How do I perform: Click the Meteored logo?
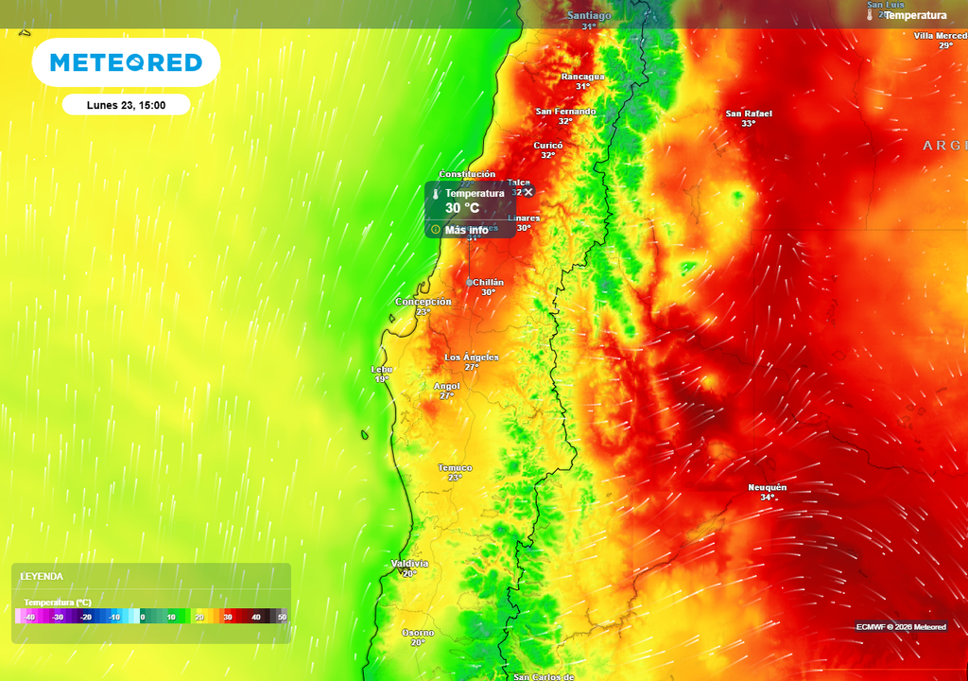pos(126,62)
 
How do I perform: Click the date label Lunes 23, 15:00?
pos(126,105)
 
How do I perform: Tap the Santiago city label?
pos(589,16)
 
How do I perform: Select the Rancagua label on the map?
pos(582,77)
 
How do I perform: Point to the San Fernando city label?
pos(565,112)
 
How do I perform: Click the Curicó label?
pos(548,146)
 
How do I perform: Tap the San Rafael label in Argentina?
pos(749,114)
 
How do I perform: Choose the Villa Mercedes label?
pos(940,36)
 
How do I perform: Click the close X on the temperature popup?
pos(528,192)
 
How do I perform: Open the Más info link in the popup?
pos(466,230)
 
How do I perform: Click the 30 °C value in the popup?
pos(462,208)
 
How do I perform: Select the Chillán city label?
pos(488,283)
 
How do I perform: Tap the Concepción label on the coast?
pos(423,302)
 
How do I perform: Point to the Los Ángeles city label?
pos(472,358)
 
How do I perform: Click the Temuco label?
pos(455,468)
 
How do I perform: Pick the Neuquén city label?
pos(767,488)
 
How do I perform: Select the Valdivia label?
pos(409,564)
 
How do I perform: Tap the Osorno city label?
pos(418,633)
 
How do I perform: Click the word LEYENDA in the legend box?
pos(42,576)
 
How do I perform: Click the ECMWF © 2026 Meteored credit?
pos(901,627)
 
